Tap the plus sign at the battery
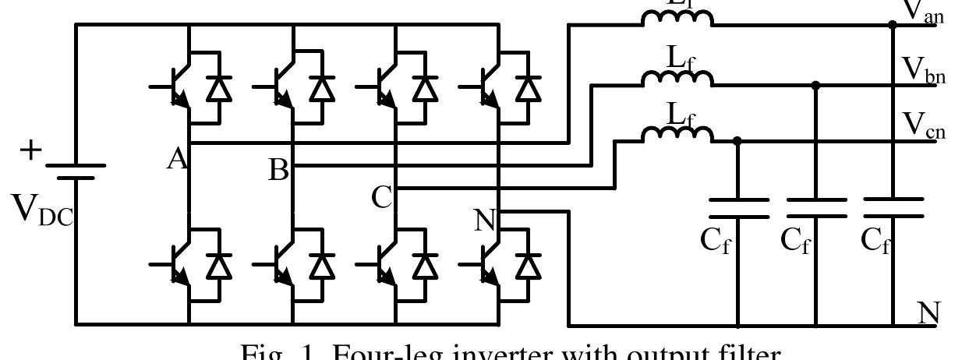click(31, 150)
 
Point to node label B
click(278, 169)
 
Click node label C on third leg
click(381, 197)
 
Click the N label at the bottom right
click(928, 313)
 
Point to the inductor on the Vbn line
click(677, 78)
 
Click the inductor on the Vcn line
click(677, 135)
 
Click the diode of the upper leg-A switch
click(218, 88)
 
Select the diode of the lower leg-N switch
click(529, 266)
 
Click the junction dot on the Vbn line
click(815, 84)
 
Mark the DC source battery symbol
click(75, 171)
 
